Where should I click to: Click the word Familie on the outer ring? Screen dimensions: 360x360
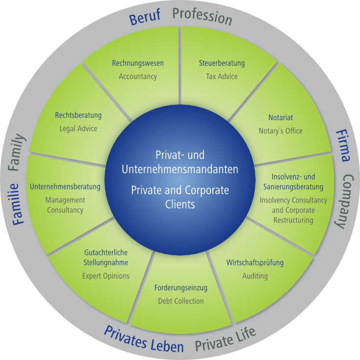click(x=18, y=204)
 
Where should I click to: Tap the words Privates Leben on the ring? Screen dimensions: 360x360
click(x=144, y=339)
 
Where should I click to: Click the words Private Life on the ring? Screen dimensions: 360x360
click(x=225, y=340)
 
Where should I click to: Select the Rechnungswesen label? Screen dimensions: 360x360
click(x=138, y=63)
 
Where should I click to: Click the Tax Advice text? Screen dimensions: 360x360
click(x=222, y=77)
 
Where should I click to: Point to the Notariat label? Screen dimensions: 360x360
click(x=281, y=118)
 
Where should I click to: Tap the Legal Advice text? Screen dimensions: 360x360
click(x=78, y=129)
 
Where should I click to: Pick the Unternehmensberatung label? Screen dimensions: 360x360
click(x=65, y=187)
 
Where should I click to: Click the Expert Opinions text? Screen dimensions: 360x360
click(x=106, y=276)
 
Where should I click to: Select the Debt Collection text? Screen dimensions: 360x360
click(x=180, y=301)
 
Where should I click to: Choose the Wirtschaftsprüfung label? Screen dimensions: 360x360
click(x=255, y=262)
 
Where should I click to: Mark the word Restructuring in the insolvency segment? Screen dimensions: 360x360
click(x=293, y=220)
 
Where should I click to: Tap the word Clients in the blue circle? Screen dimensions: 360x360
click(x=180, y=204)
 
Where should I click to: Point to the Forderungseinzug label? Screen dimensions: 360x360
click(x=181, y=287)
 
